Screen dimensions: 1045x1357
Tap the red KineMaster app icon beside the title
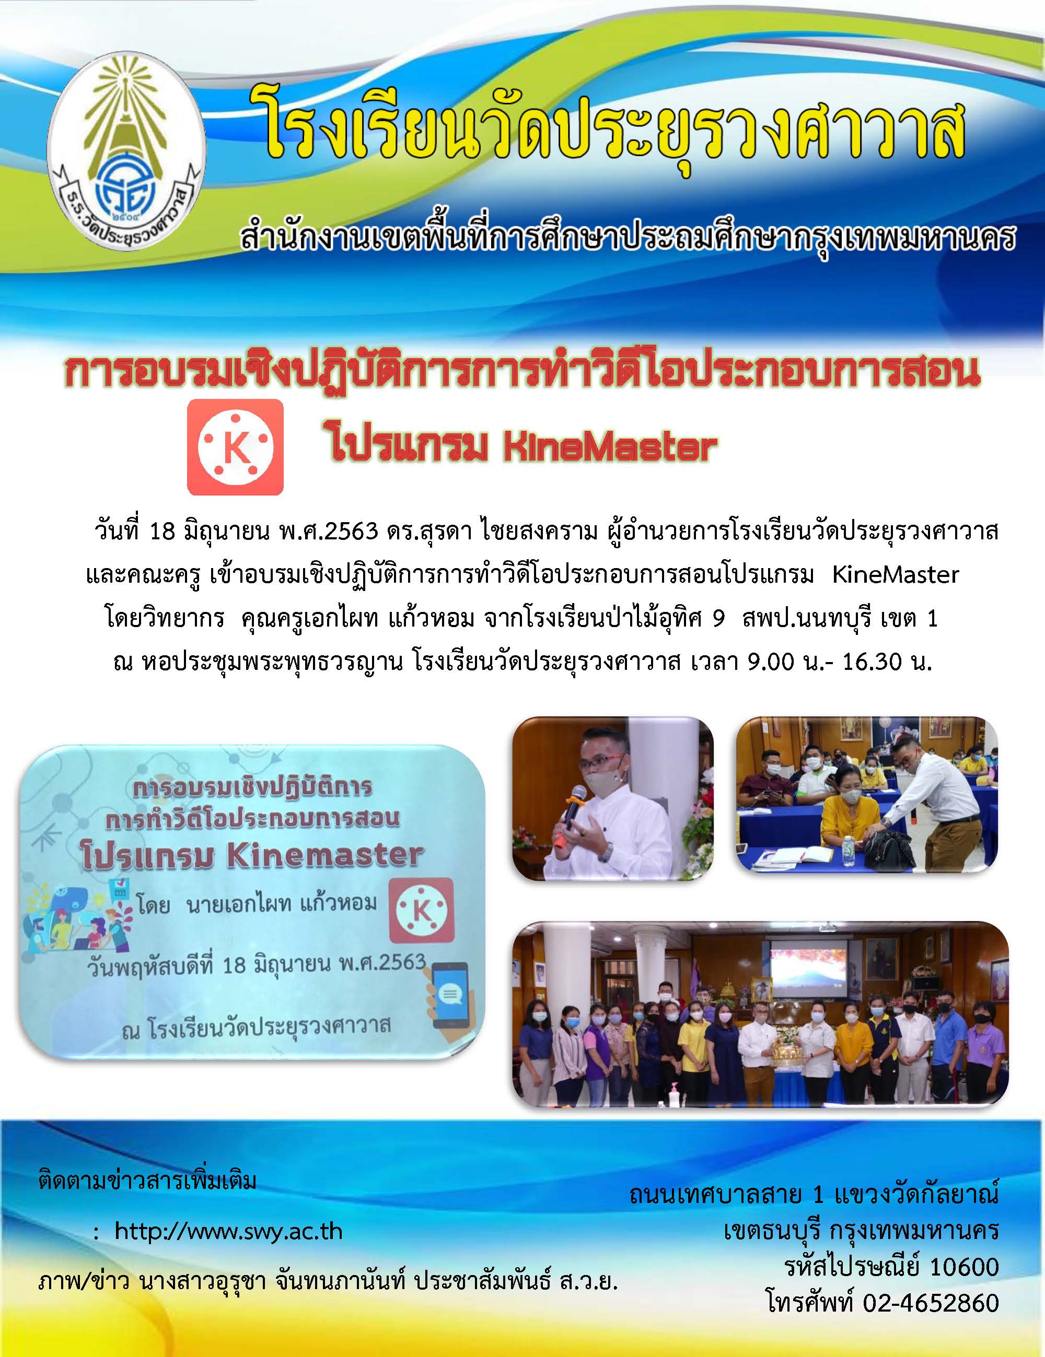(x=236, y=447)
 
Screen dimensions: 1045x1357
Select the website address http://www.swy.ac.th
(x=228, y=1231)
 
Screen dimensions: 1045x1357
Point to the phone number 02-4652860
(x=931, y=1303)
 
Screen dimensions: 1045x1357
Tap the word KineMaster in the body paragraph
(x=896, y=575)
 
